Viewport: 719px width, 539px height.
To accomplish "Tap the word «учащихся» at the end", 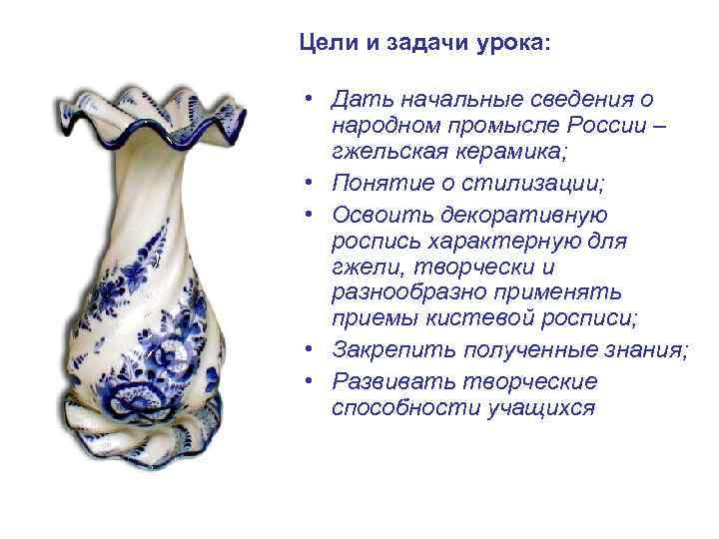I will click(x=539, y=408).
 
